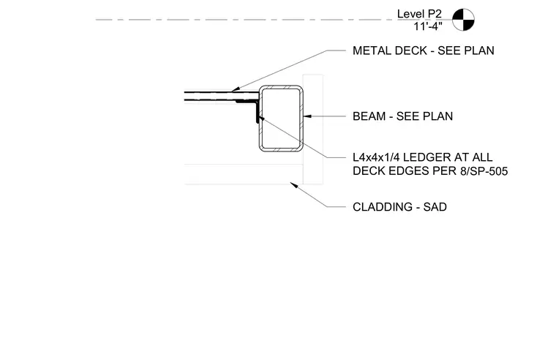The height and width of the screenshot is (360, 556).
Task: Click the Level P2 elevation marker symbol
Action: (463, 20)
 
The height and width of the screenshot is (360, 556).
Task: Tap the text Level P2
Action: (419, 14)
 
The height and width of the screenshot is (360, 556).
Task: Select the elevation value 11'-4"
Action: (428, 26)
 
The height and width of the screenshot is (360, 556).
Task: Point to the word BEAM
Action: (368, 116)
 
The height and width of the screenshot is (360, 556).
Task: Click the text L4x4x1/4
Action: (376, 157)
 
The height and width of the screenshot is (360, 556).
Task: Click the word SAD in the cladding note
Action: (435, 207)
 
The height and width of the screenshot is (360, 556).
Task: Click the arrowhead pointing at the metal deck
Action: (236, 89)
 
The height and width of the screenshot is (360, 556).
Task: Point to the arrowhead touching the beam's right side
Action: (307, 116)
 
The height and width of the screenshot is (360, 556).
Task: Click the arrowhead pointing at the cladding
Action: (293, 185)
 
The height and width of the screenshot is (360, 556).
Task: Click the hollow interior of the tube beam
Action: (281, 119)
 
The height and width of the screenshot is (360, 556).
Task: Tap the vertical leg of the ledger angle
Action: (258, 112)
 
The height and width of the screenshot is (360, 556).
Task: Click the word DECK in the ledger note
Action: (369, 171)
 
